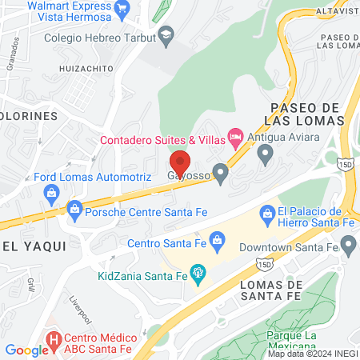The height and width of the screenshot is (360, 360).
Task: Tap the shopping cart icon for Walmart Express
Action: coord(122,10)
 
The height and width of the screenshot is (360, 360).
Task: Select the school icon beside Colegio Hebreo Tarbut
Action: coord(166,34)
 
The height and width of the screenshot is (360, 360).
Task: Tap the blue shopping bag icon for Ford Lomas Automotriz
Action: coord(52,193)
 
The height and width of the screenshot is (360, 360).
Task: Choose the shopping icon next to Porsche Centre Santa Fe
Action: coord(74,210)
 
